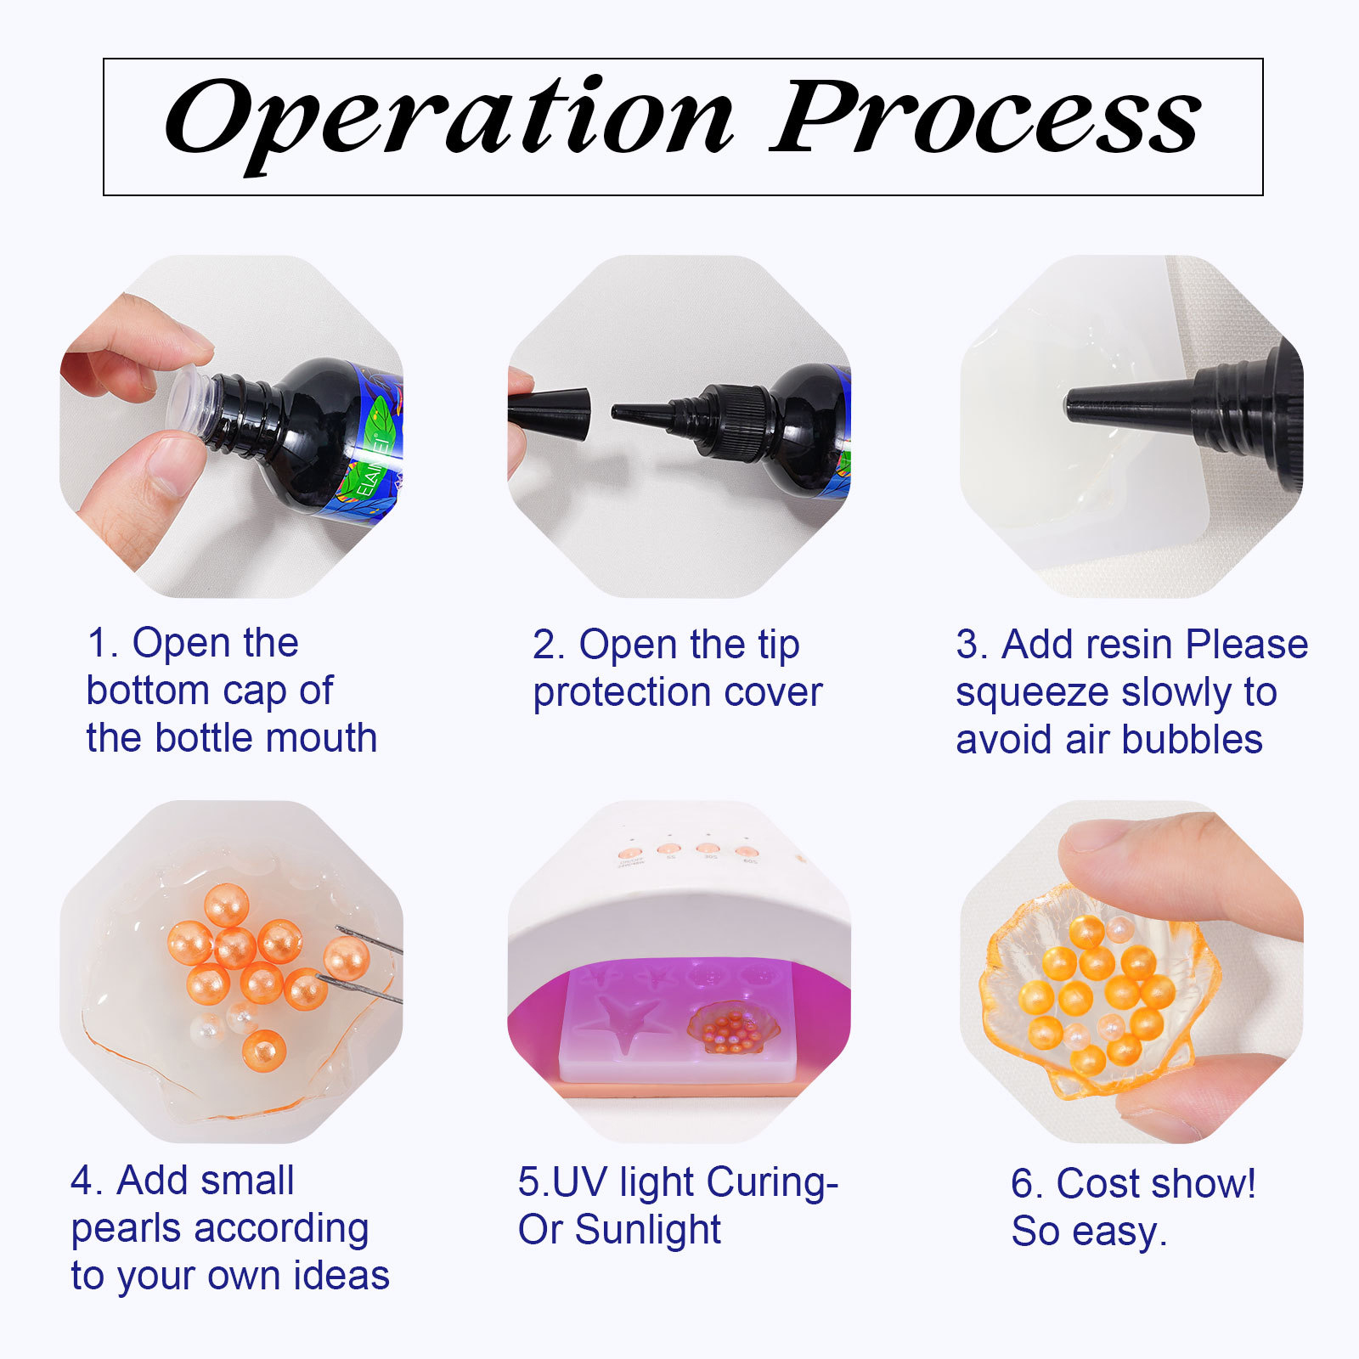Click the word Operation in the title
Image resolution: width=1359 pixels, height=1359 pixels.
coord(448,123)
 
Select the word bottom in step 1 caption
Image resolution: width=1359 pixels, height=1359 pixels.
coord(148,691)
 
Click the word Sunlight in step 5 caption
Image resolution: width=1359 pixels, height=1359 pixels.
coord(647,1230)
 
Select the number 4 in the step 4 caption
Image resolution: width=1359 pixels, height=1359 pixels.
coord(82,1181)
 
